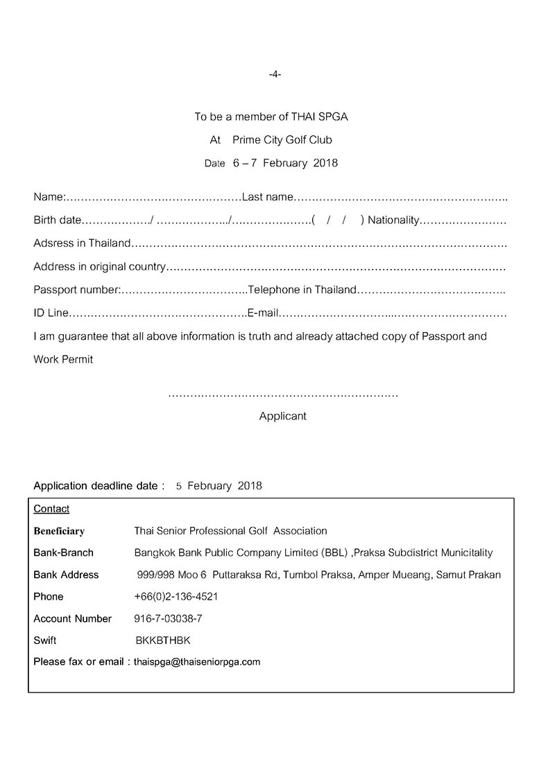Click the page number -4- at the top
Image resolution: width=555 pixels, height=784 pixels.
[x=274, y=74]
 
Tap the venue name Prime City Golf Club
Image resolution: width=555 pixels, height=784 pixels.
[x=282, y=140]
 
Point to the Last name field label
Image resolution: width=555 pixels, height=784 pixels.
[x=268, y=198]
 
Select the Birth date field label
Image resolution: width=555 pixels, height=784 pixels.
[x=58, y=220]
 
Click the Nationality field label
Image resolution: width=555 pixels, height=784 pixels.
[x=393, y=220]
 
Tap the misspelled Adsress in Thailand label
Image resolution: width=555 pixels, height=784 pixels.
[x=82, y=243]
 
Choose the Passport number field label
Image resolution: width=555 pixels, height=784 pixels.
[x=77, y=289]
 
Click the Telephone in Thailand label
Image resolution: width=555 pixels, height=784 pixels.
[x=302, y=289]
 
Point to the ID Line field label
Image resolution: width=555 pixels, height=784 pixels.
[x=51, y=313]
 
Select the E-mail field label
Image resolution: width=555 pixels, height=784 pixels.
[x=263, y=313]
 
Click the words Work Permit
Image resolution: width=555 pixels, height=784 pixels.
[x=63, y=360]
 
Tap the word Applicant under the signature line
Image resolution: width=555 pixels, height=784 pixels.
[x=282, y=417]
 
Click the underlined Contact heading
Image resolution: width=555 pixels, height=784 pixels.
[x=51, y=509]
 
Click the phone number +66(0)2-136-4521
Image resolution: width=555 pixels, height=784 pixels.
[x=176, y=597]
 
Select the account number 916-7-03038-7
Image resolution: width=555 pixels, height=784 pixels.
[x=168, y=618]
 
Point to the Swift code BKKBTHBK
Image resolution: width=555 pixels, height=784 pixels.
[x=163, y=641]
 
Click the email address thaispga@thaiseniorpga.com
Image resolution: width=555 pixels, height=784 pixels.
[x=197, y=662]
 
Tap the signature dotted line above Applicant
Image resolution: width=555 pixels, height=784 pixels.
[x=283, y=394]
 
